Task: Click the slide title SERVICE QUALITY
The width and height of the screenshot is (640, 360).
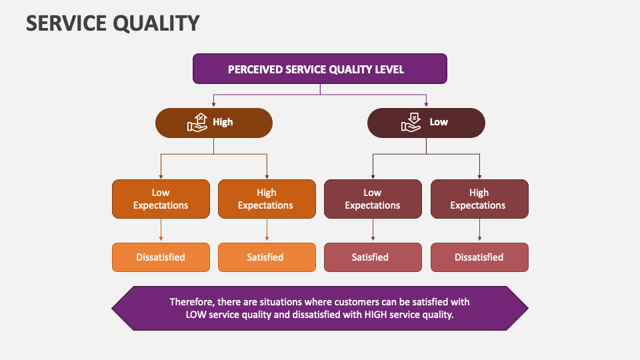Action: (113, 23)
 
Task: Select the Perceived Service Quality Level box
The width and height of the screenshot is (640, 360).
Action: (319, 69)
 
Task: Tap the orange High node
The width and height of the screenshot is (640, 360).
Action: (213, 123)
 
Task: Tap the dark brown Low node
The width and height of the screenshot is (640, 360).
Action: (426, 123)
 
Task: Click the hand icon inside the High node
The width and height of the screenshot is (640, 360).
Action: (199, 122)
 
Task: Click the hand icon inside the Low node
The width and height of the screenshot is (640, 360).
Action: (411, 122)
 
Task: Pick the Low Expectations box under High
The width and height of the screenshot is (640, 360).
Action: (161, 199)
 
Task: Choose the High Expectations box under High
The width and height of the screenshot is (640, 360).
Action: (266, 199)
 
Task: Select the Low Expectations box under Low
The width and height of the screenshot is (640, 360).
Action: (373, 199)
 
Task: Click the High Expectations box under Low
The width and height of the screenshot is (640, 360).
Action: (479, 199)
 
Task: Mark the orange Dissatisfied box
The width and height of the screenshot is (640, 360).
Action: (161, 257)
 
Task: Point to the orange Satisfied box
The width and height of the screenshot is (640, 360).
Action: (266, 257)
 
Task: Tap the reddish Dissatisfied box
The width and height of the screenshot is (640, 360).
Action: (479, 257)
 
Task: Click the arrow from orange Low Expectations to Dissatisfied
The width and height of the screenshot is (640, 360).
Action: (161, 231)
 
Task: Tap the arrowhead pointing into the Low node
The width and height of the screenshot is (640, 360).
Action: (426, 105)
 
